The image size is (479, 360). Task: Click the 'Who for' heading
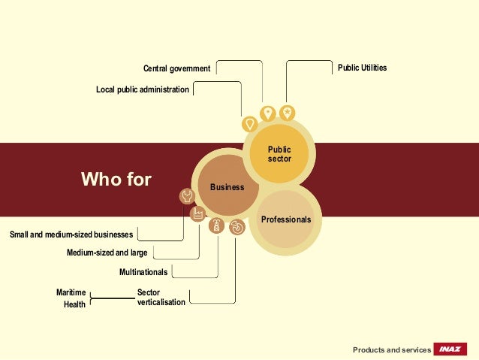pyautogui.click(x=116, y=180)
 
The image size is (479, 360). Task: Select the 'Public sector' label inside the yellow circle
pyautogui.click(x=279, y=155)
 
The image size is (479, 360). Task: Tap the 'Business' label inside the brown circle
pyautogui.click(x=227, y=187)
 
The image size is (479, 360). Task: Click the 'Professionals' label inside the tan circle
pyautogui.click(x=286, y=219)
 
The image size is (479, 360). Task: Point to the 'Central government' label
pyautogui.click(x=176, y=69)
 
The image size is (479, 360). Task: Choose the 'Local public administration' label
pyautogui.click(x=143, y=90)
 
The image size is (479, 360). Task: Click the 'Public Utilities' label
pyautogui.click(x=362, y=68)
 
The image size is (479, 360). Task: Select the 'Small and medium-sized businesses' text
pyautogui.click(x=71, y=235)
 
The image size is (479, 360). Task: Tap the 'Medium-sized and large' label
pyautogui.click(x=107, y=253)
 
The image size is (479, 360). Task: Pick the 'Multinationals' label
pyautogui.click(x=143, y=271)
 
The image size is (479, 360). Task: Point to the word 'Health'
pyautogui.click(x=74, y=305)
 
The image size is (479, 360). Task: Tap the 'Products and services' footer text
pyautogui.click(x=392, y=350)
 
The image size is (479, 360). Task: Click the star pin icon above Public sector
pyautogui.click(x=287, y=113)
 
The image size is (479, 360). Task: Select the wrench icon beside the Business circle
pyautogui.click(x=187, y=196)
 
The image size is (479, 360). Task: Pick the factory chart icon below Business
pyautogui.click(x=198, y=214)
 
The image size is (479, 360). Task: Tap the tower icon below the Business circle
pyautogui.click(x=216, y=225)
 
